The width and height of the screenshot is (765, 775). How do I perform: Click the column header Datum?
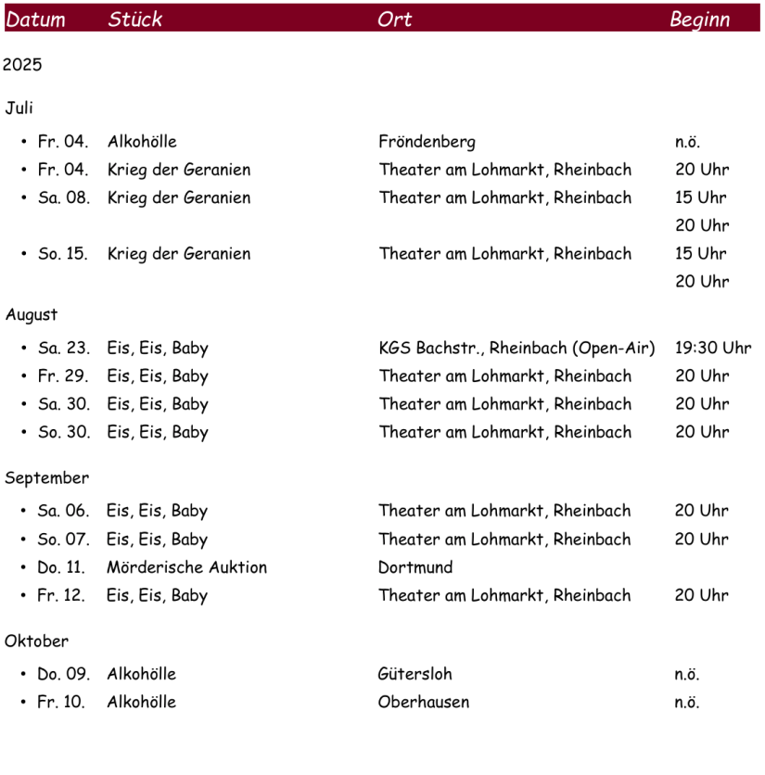pyautogui.click(x=36, y=19)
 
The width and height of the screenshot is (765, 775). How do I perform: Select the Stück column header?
pyautogui.click(x=134, y=19)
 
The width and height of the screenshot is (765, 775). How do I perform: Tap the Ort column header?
pyautogui.click(x=394, y=19)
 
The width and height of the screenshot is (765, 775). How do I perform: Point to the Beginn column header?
pyautogui.click(x=699, y=19)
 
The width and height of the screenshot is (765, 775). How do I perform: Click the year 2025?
pyautogui.click(x=22, y=65)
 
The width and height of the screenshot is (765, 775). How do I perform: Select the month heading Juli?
pyautogui.click(x=19, y=108)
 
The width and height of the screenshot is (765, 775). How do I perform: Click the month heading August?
pyautogui.click(x=32, y=315)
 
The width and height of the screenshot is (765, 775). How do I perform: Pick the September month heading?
pyautogui.click(x=47, y=478)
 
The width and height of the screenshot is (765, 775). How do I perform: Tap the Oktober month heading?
pyautogui.click(x=37, y=642)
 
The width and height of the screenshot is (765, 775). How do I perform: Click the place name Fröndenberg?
pyautogui.click(x=427, y=142)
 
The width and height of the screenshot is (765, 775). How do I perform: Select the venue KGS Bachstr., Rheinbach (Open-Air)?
pyautogui.click(x=516, y=349)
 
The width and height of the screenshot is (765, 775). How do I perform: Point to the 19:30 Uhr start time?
pyautogui.click(x=712, y=349)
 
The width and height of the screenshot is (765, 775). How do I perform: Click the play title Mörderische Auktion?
pyautogui.click(x=186, y=567)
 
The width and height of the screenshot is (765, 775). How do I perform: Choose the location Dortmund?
pyautogui.click(x=415, y=567)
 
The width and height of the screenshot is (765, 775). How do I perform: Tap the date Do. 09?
pyautogui.click(x=63, y=674)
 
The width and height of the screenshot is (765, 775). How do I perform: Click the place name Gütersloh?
pyautogui.click(x=414, y=674)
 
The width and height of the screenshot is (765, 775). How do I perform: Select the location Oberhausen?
pyautogui.click(x=423, y=702)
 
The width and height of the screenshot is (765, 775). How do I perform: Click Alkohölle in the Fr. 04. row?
pyautogui.click(x=142, y=142)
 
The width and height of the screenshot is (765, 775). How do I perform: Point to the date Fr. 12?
pyautogui.click(x=61, y=595)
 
